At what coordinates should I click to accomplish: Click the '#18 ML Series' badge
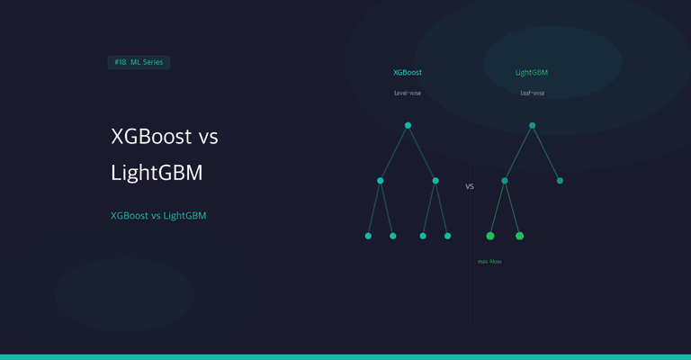(x=139, y=62)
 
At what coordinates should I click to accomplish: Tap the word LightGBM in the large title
(x=157, y=173)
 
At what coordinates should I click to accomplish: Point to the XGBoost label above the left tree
(x=408, y=72)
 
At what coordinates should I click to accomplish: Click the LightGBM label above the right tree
(x=532, y=72)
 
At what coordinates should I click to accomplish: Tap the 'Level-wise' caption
(x=408, y=93)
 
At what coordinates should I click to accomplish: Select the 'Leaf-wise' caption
(x=532, y=93)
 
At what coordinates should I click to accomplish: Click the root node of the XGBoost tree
(x=408, y=125)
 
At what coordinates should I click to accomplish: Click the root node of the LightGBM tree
(x=533, y=125)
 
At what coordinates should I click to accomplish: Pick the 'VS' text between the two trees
(x=470, y=187)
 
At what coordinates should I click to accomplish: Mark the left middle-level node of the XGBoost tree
(x=381, y=181)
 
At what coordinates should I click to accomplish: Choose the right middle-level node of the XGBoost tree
(x=435, y=181)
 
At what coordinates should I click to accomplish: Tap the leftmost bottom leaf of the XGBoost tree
(x=368, y=236)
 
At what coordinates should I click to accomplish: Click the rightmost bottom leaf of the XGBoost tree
(x=447, y=236)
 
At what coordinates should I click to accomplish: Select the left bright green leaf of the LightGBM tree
(x=490, y=236)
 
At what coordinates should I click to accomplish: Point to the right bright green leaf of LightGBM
(x=519, y=236)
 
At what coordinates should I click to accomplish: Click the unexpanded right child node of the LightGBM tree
(x=560, y=181)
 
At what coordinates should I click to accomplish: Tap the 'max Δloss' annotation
(x=489, y=261)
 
